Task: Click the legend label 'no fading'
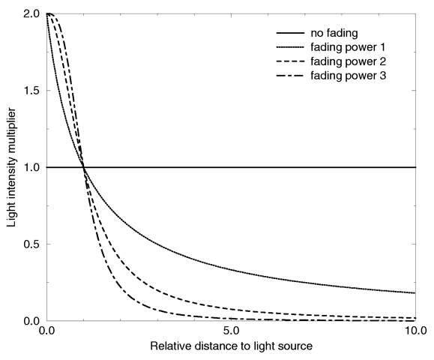[331, 34]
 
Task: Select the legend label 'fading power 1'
[342, 47]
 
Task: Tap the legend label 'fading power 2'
[342, 61]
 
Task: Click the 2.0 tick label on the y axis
[31, 14]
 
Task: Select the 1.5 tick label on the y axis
[31, 91]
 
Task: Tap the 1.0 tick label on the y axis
[31, 167]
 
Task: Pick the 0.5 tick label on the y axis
[31, 244]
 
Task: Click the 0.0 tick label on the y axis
[31, 321]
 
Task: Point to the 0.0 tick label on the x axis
[46, 331]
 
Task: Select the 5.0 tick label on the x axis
[231, 331]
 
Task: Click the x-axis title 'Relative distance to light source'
[231, 347]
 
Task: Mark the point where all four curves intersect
[83, 167]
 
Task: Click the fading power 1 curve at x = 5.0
[231, 269]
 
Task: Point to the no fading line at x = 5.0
[231, 167]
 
